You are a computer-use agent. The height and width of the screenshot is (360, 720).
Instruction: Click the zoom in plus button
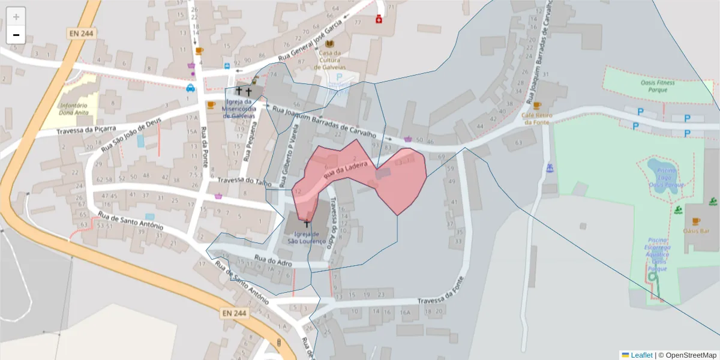tap(16, 16)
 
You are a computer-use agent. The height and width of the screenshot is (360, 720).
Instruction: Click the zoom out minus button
tap(16, 35)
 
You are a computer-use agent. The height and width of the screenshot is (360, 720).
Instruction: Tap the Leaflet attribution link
tap(641, 355)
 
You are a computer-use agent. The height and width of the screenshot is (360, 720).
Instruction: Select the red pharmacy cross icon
tap(379, 20)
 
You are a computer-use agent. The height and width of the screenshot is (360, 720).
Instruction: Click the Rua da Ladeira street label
tap(344, 171)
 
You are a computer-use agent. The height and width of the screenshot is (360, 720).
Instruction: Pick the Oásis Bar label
tap(696, 230)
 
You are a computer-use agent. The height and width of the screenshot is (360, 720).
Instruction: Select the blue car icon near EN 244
tap(190, 88)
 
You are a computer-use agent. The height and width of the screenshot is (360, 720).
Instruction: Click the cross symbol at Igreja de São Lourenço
tap(307, 223)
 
